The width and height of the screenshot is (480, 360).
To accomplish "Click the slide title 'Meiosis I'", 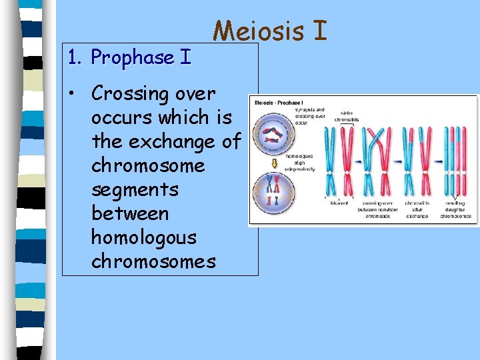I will click(270, 31).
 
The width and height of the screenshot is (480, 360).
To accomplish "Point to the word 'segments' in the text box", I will click(135, 189).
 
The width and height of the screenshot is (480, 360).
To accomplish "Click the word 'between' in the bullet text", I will click(130, 213).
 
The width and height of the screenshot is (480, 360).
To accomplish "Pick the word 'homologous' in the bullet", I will click(143, 237).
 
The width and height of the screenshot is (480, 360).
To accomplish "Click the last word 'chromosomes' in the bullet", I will click(153, 261).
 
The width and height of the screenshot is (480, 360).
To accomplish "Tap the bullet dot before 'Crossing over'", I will click(77, 93).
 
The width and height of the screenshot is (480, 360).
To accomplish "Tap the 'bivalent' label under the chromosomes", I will click(339, 203).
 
